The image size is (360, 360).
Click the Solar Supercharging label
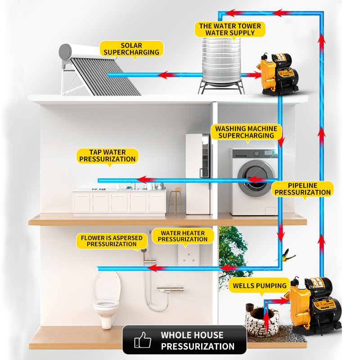coord(131,49)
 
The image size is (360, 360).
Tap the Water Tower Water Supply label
coord(230,30)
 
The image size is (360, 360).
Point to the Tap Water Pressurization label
coord(107,156)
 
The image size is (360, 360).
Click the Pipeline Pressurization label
coord(302,189)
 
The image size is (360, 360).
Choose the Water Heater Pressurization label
coord(182,236)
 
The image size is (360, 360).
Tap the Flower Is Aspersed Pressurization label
coord(112,241)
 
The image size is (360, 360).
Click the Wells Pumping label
coord(260,286)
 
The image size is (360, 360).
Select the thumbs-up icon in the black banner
coord(143,340)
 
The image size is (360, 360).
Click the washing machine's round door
coord(254,179)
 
